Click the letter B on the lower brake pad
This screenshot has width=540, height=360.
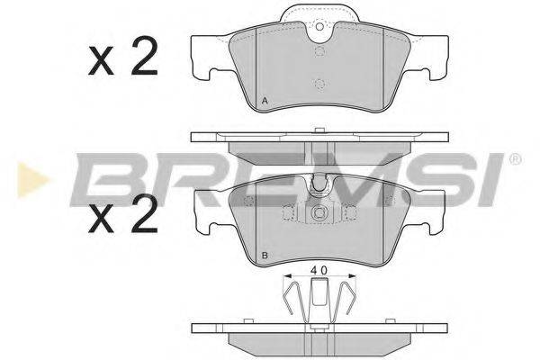(x=263, y=257)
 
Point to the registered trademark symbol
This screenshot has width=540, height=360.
(x=514, y=159)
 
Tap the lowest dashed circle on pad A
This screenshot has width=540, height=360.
(x=319, y=85)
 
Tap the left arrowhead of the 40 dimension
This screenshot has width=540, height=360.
(x=286, y=278)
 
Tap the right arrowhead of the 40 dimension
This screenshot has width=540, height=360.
(x=352, y=278)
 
